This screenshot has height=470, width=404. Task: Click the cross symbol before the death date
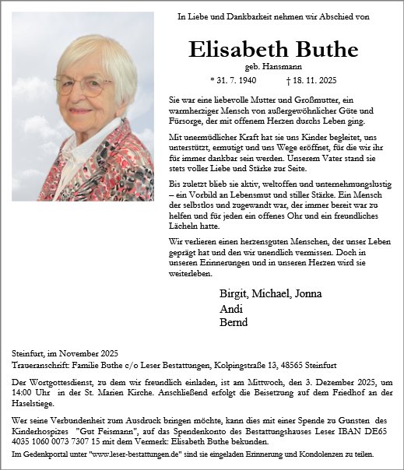(289, 80)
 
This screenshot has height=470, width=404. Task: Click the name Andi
(230, 308)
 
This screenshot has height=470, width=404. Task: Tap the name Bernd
(234, 322)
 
